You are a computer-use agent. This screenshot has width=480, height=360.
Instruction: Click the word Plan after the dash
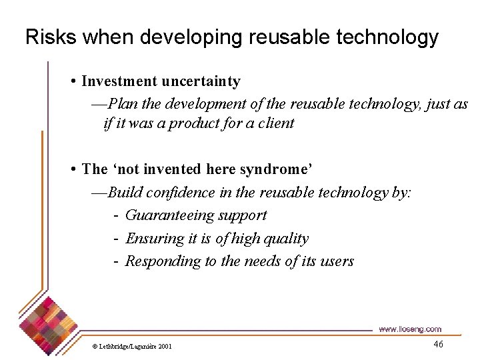(x=121, y=103)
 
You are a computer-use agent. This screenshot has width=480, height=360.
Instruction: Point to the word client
(x=275, y=123)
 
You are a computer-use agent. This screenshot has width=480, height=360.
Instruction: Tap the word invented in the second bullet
(x=164, y=169)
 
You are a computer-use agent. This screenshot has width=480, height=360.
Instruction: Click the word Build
(x=124, y=193)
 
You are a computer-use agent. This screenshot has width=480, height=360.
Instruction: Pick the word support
(x=243, y=215)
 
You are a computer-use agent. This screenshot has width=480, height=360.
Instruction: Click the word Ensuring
(x=151, y=238)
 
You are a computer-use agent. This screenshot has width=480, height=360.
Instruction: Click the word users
(x=337, y=261)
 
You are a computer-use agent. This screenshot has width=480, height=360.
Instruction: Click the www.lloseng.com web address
(x=409, y=329)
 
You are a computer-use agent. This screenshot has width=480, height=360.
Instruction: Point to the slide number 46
(x=438, y=344)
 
